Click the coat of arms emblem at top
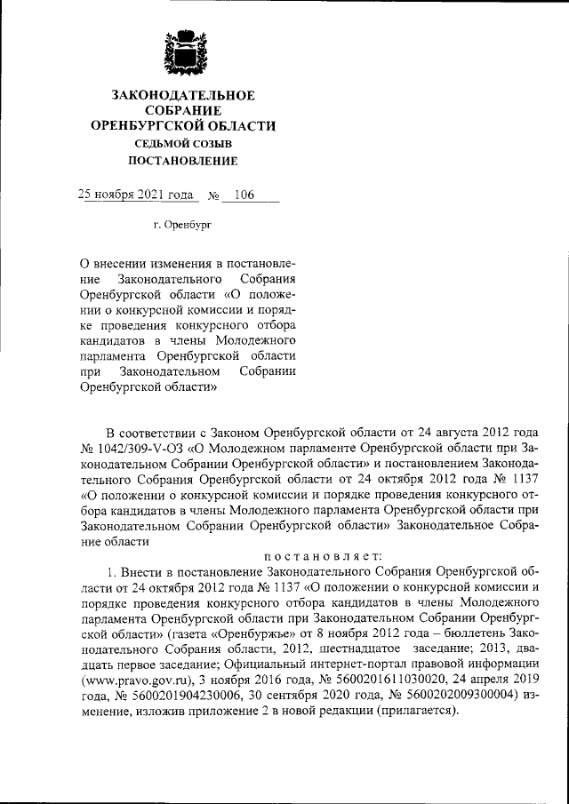tap(184, 54)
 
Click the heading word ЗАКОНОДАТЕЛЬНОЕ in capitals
tap(184, 95)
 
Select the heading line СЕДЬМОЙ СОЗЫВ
tap(184, 143)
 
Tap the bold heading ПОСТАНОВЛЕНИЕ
tap(184, 161)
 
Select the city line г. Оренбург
tap(183, 226)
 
